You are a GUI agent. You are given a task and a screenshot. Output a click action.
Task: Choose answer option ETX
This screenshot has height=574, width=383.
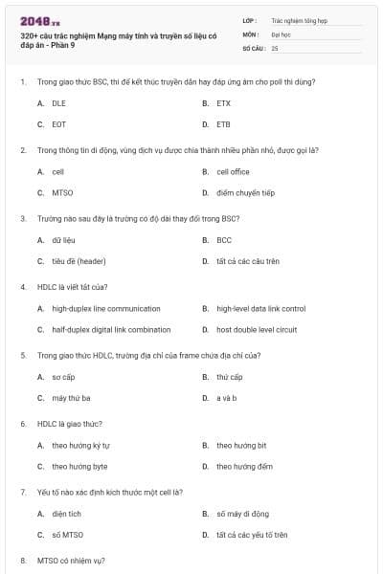pyautogui.click(x=223, y=102)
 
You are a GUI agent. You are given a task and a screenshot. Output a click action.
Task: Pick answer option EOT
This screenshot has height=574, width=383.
pyautogui.click(x=58, y=124)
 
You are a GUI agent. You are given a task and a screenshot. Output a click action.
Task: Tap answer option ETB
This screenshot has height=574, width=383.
pyautogui.click(x=223, y=124)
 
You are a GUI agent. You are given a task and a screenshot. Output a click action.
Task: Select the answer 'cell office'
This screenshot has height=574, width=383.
pyautogui.click(x=233, y=171)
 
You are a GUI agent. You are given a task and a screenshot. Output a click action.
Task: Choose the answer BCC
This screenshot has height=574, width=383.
pyautogui.click(x=224, y=240)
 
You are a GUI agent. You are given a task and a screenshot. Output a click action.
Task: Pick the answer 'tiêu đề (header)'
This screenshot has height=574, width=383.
pyautogui.click(x=79, y=261)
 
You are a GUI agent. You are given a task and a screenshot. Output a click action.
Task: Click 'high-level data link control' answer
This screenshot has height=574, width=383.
pyautogui.click(x=260, y=309)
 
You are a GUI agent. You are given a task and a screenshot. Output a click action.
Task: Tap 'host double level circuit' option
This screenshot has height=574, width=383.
pyautogui.click(x=256, y=330)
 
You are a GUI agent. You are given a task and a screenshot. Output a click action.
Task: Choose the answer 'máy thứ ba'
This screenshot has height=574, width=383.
pyautogui.click(x=71, y=398)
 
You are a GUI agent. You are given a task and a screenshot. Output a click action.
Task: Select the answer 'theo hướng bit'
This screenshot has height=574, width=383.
pyautogui.click(x=241, y=446)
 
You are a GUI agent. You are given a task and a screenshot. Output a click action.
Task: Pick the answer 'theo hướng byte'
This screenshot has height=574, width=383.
pyautogui.click(x=79, y=467)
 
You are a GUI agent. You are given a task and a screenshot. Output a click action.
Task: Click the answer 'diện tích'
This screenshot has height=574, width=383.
pyautogui.click(x=65, y=514)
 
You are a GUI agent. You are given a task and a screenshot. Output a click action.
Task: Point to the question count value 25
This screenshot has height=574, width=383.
pyautogui.click(x=275, y=47)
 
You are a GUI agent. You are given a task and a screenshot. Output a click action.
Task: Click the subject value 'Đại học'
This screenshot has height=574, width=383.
pyautogui.click(x=281, y=33)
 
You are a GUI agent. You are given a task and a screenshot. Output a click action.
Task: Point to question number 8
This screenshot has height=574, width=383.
pyautogui.click(x=23, y=559)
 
